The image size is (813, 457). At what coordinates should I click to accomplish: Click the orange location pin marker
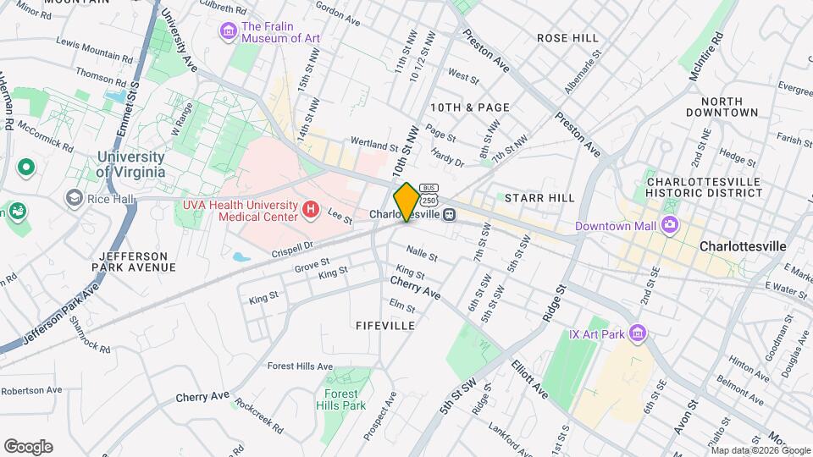[406, 201]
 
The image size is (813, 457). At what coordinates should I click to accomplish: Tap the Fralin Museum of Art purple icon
[228, 32]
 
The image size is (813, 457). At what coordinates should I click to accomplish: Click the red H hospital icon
[311, 207]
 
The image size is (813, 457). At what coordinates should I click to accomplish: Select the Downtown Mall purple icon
[671, 225]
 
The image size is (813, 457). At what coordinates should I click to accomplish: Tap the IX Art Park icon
[638, 335]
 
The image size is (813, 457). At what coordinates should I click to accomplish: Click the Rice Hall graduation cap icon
[75, 197]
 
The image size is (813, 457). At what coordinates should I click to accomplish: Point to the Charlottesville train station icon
[450, 214]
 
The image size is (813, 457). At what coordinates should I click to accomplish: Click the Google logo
[28, 447]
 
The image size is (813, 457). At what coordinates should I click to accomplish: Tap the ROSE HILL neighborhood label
[567, 38]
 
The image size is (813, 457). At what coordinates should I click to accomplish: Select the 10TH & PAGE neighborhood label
[469, 107]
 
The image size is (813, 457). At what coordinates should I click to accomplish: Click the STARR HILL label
[539, 197]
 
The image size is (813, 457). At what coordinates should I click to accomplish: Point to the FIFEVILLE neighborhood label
[384, 325]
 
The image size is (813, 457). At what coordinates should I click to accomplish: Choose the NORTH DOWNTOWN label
[722, 107]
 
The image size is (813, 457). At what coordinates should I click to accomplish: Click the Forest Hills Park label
[344, 399]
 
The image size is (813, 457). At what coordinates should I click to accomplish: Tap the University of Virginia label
[130, 164]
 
